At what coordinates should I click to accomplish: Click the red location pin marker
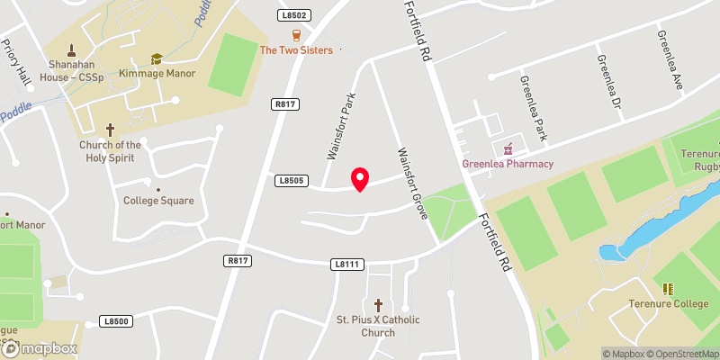(x=359, y=178)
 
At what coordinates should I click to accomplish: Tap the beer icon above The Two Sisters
(x=296, y=35)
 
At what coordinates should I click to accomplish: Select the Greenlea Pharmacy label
(x=508, y=164)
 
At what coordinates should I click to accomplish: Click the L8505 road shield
(x=289, y=182)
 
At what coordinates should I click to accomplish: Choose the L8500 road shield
(x=117, y=320)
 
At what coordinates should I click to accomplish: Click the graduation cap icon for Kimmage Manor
(x=157, y=58)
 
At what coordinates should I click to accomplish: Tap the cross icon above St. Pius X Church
(x=378, y=305)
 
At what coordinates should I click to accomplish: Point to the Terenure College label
(x=669, y=303)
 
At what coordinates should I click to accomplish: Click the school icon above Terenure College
(x=668, y=288)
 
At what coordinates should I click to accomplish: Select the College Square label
(x=158, y=201)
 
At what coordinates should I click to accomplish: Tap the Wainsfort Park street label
(x=342, y=126)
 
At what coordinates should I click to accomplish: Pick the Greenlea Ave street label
(x=670, y=58)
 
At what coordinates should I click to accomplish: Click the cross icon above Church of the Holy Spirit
(x=111, y=130)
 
